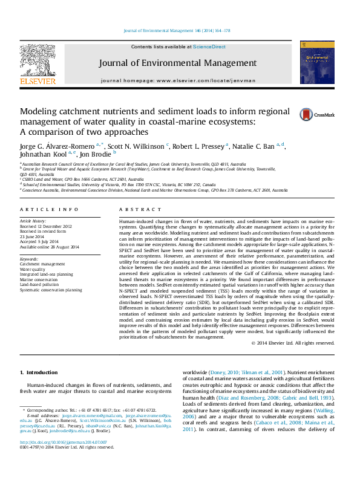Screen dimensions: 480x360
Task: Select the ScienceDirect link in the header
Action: click(x=209, y=47)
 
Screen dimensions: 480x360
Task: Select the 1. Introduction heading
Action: click(x=39, y=372)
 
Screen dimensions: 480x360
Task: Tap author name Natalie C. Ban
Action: click(x=254, y=146)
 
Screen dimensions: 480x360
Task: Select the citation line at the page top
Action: click(x=177, y=30)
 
